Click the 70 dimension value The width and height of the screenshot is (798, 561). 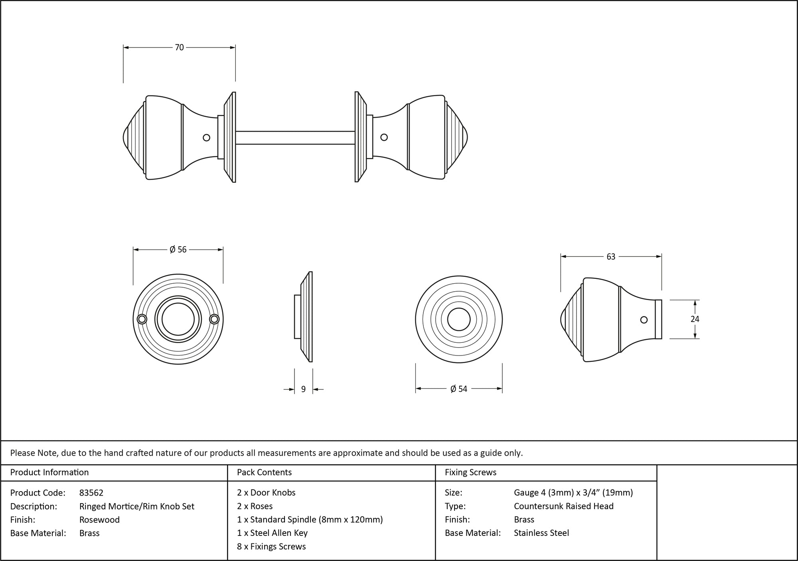(x=179, y=47)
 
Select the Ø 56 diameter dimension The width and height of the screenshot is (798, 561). (x=178, y=250)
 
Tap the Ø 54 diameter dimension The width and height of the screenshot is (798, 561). (x=458, y=389)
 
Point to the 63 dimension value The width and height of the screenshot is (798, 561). (x=611, y=257)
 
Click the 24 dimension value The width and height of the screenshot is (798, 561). (x=695, y=319)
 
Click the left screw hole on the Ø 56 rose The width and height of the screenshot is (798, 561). (x=142, y=319)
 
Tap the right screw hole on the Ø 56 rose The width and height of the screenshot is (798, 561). (x=214, y=319)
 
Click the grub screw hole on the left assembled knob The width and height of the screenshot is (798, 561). (x=206, y=138)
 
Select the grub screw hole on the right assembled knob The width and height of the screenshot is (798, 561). (x=384, y=137)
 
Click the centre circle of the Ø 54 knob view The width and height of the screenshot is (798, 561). (x=459, y=319)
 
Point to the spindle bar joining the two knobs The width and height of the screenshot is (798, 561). (x=295, y=138)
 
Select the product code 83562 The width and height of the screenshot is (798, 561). (x=91, y=493)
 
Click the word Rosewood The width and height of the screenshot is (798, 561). (x=99, y=520)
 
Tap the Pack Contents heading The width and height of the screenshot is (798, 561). (x=264, y=472)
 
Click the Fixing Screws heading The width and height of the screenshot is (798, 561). (x=470, y=472)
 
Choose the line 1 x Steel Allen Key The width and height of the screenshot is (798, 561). (x=272, y=533)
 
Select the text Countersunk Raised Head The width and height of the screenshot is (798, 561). (x=563, y=506)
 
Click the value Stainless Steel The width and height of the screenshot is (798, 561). (x=541, y=533)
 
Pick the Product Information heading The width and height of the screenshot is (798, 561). (x=49, y=472)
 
